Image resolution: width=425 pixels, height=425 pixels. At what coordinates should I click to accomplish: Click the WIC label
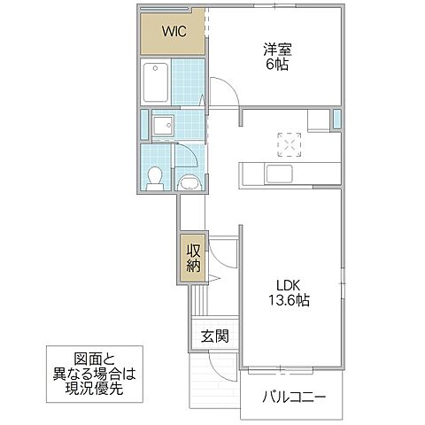click(x=172, y=33)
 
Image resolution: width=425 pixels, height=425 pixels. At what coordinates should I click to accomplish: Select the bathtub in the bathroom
click(x=156, y=82)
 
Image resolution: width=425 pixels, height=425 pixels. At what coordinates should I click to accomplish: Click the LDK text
click(x=289, y=285)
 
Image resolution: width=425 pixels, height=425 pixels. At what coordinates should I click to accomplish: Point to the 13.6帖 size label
click(x=289, y=301)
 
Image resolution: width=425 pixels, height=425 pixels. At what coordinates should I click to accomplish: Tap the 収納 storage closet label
click(x=193, y=257)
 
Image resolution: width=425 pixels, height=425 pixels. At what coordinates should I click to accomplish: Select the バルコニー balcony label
click(x=293, y=397)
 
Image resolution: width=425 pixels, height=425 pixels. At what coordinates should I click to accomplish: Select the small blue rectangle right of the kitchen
click(x=336, y=120)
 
